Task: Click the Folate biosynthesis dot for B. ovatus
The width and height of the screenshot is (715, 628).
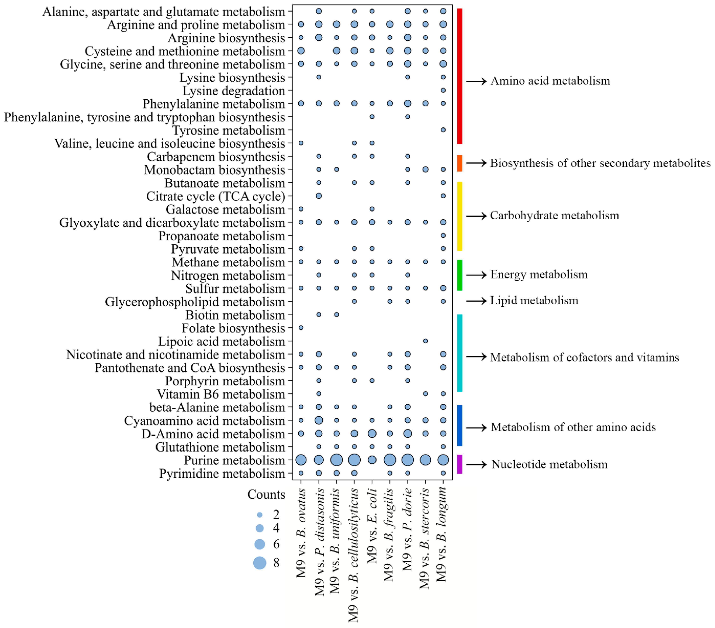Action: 301,328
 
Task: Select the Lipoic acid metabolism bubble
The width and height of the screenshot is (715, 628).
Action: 425,341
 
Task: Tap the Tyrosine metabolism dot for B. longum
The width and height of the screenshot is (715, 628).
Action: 443,130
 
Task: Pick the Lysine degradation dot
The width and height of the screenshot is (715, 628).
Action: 443,90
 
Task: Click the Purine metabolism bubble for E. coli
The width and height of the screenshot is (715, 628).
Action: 372,460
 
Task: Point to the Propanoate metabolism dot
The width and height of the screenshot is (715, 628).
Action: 443,236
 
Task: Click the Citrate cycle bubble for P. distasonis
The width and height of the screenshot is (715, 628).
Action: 319,196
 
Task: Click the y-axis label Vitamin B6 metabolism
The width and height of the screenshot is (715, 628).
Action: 221,394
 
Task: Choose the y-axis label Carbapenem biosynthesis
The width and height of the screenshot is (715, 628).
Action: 216,157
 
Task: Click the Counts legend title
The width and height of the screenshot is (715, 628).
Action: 266,494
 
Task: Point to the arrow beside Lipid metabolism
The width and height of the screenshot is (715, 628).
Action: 476,300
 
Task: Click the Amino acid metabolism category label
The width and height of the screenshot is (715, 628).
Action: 550,81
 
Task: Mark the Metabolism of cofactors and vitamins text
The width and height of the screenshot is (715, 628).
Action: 584,357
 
